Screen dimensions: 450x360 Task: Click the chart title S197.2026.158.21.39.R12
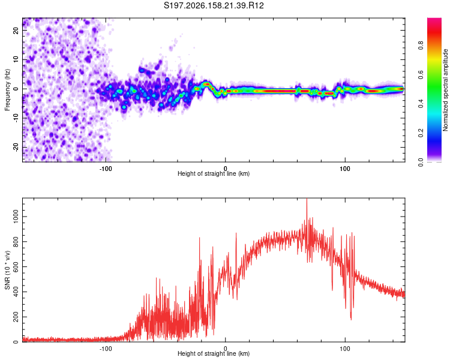coord(214,5)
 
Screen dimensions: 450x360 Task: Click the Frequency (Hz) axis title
coord(7,90)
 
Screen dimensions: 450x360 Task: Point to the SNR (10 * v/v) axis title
coord(7,270)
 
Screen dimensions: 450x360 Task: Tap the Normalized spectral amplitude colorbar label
coord(445,90)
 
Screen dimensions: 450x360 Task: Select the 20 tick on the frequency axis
coord(16,30)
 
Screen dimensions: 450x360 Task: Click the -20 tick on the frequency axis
coord(16,147)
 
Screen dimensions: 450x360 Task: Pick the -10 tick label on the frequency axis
coord(16,118)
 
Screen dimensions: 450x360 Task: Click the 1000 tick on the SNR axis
coord(16,217)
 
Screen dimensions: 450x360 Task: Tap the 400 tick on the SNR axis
coord(16,292)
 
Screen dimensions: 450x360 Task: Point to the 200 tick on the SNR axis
coord(16,317)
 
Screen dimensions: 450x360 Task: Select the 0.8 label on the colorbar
coord(421,46)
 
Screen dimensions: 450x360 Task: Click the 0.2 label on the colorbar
coord(421,133)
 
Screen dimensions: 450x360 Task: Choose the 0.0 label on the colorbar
coord(421,162)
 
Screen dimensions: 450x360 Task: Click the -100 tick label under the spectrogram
coord(106,169)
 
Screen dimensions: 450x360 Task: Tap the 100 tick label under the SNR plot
coord(344,349)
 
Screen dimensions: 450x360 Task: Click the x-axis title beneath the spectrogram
coord(214,173)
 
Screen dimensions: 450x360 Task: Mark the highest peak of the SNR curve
coord(307,199)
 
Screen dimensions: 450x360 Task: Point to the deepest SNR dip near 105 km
coord(351,319)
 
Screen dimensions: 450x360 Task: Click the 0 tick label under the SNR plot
coord(225,349)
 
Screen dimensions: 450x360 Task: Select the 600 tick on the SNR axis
coord(16,266)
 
